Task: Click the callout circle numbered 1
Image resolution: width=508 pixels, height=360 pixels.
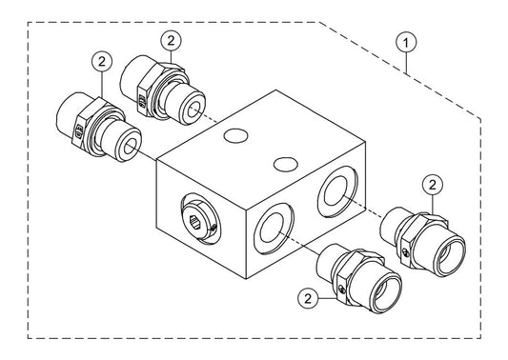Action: point(406,43)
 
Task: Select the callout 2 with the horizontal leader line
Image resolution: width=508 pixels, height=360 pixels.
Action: point(308,298)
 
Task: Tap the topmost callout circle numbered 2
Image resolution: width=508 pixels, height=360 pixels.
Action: point(171,40)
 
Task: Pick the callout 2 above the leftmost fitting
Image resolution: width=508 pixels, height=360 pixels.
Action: point(102,61)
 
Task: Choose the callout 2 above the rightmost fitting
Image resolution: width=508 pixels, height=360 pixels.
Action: point(433,185)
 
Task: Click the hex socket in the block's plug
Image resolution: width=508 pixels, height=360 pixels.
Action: point(194,222)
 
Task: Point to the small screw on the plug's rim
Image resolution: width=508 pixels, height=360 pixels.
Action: point(213,228)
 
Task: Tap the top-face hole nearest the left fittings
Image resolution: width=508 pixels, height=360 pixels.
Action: point(235,135)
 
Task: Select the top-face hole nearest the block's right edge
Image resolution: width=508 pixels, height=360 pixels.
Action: point(286,164)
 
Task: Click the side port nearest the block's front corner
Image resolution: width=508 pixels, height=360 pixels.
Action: point(274,228)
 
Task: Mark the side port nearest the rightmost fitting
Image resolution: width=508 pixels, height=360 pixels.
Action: point(337,191)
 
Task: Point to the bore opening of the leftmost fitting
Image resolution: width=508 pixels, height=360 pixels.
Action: point(131,147)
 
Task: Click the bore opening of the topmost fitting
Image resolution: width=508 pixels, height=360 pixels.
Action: point(194,110)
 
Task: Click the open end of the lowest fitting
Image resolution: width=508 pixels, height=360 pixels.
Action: point(387,294)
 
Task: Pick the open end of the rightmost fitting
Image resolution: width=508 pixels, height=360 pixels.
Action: point(450,257)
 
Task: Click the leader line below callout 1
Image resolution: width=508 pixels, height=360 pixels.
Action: point(407,63)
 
